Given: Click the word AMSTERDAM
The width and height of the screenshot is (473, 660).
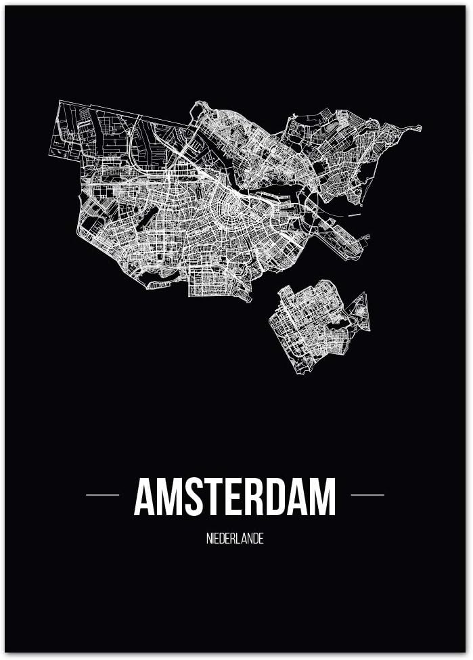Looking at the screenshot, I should (x=235, y=498).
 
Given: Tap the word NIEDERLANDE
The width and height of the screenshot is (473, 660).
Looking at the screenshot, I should (x=235, y=540).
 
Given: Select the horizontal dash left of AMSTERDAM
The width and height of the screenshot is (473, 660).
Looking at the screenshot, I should (x=102, y=495).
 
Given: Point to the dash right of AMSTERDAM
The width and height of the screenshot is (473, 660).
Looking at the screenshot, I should (x=367, y=495).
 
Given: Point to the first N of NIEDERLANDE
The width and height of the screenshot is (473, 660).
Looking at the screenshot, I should (x=209, y=540).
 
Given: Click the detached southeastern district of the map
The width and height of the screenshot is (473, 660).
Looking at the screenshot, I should (x=311, y=325).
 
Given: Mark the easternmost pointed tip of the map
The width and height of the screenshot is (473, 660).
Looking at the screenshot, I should (x=420, y=127).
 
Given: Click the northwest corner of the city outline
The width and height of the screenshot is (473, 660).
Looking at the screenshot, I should (x=61, y=102).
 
